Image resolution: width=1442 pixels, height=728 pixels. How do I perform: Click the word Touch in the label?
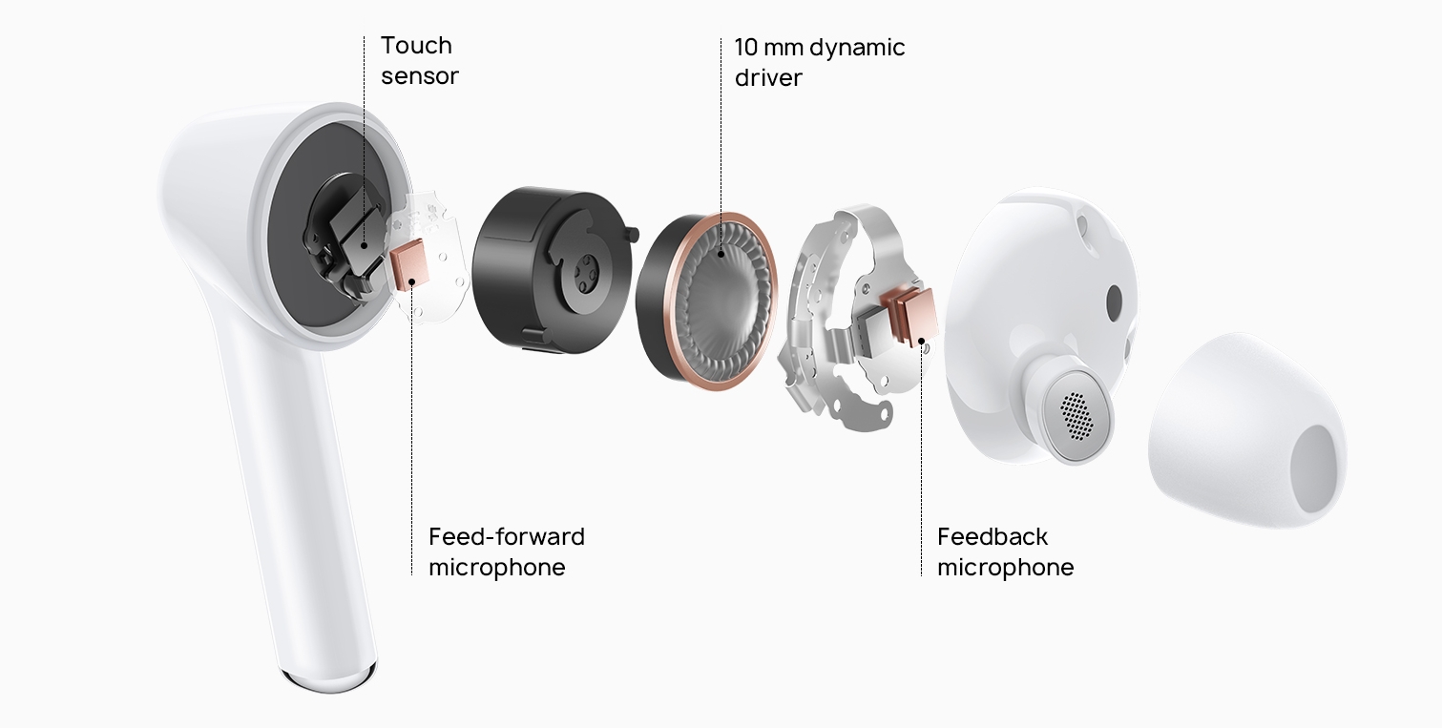coord(416,46)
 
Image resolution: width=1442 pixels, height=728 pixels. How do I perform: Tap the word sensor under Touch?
coord(420,76)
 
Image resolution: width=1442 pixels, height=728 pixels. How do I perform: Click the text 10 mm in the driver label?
coord(767,47)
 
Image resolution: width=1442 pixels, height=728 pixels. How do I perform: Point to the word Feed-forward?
coord(507,536)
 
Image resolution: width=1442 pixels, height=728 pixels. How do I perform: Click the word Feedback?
coord(992,536)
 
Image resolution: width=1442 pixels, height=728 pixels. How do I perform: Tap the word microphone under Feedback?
coord(1006,568)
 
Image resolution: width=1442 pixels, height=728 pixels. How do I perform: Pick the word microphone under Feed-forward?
coord(497,568)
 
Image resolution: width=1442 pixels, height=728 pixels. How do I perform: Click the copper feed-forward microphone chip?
coord(409,264)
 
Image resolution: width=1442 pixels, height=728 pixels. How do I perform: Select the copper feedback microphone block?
coord(911,317)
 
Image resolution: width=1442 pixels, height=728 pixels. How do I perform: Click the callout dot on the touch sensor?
coord(365,245)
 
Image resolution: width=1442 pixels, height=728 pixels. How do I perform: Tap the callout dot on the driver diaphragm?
coord(721,254)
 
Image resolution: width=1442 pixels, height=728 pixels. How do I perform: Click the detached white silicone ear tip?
coord(1246,429)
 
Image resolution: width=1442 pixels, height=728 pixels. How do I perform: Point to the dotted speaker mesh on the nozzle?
coord(1076,416)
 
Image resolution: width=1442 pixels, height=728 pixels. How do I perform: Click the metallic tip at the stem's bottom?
coord(329,679)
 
